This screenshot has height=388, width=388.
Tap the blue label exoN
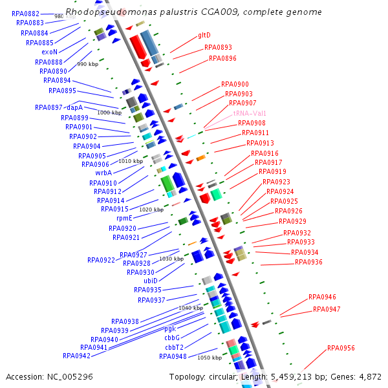[x=49, y=52]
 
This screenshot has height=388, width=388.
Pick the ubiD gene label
[x=151, y=281]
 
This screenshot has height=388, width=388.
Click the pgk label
[x=170, y=329]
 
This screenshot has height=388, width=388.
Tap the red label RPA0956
[x=341, y=348]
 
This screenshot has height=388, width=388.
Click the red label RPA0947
[x=327, y=309]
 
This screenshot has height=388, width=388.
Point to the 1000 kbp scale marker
[x=109, y=113]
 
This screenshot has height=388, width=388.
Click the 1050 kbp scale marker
[x=209, y=358]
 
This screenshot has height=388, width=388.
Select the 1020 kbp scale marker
[x=151, y=210]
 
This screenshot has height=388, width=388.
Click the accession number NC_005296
[x=70, y=376]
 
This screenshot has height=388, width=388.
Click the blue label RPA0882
[x=26, y=14]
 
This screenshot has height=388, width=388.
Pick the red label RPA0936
[x=308, y=262]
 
